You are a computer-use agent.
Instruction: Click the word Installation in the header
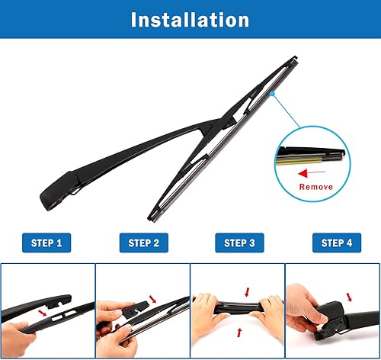(x=190, y=19)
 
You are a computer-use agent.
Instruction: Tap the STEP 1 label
(x=47, y=243)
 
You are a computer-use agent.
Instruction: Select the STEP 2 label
(x=144, y=243)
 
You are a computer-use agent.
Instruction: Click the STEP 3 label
(x=239, y=243)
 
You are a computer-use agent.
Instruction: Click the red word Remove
(x=315, y=185)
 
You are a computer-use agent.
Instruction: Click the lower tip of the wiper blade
(x=153, y=211)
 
